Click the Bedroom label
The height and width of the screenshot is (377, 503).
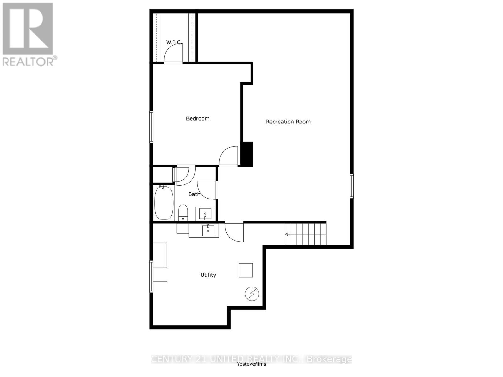pos(197,118)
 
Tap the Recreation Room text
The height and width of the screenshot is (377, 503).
pos(288,122)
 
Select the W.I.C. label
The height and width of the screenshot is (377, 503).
pos(174,42)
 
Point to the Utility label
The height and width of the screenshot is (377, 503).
pos(208,275)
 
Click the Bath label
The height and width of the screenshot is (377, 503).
pos(194,194)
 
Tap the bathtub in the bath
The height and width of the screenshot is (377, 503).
pos(164,203)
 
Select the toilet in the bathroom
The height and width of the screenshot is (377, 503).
pos(183,212)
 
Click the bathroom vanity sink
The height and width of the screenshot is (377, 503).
pos(205,214)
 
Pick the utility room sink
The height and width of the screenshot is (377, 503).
pos(208,230)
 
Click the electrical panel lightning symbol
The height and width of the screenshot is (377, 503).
pos(252,294)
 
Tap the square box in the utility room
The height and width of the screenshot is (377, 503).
pos(246,270)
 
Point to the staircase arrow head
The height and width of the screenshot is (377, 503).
pos(286,234)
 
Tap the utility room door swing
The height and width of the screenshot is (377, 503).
pos(235,232)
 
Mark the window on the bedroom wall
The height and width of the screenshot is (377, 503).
pos(151,127)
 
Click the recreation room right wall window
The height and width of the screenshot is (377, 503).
pos(352,186)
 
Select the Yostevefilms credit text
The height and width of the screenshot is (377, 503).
pos(251,364)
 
